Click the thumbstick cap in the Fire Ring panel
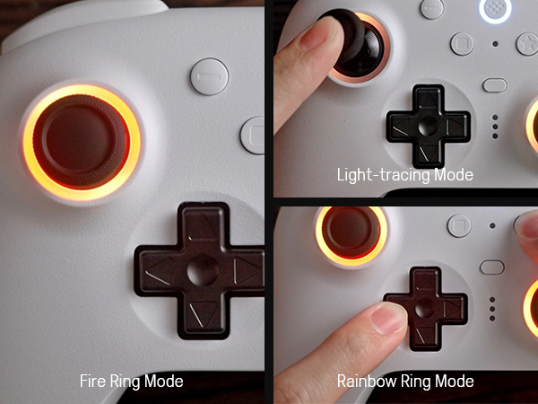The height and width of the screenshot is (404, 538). point(82,141)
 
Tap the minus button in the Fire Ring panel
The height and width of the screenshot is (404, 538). point(209,76)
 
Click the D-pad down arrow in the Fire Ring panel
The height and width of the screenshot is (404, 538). point(202,313)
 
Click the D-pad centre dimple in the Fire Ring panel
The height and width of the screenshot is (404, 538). point(203,270)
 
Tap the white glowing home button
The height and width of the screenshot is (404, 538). point(495,9)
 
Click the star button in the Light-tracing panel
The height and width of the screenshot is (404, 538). point(528,44)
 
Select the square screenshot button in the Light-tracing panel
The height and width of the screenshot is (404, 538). point(462,44)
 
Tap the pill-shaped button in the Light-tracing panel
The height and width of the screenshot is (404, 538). point(495,85)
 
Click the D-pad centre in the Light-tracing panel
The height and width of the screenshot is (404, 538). point(429,126)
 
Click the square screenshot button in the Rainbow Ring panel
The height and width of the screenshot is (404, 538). point(459,225)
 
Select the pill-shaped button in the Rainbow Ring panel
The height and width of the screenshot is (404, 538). point(492,267)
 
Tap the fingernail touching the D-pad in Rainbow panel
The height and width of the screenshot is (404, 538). point(390,318)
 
